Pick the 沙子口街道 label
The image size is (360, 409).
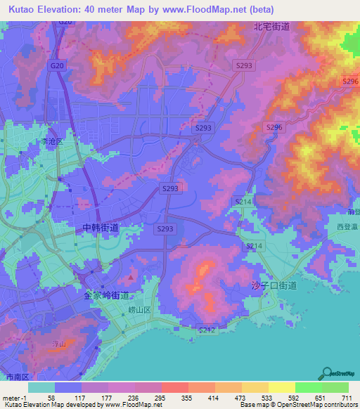point(274,286)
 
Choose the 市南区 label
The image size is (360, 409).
point(14,377)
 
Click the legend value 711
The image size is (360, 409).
point(345,398)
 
